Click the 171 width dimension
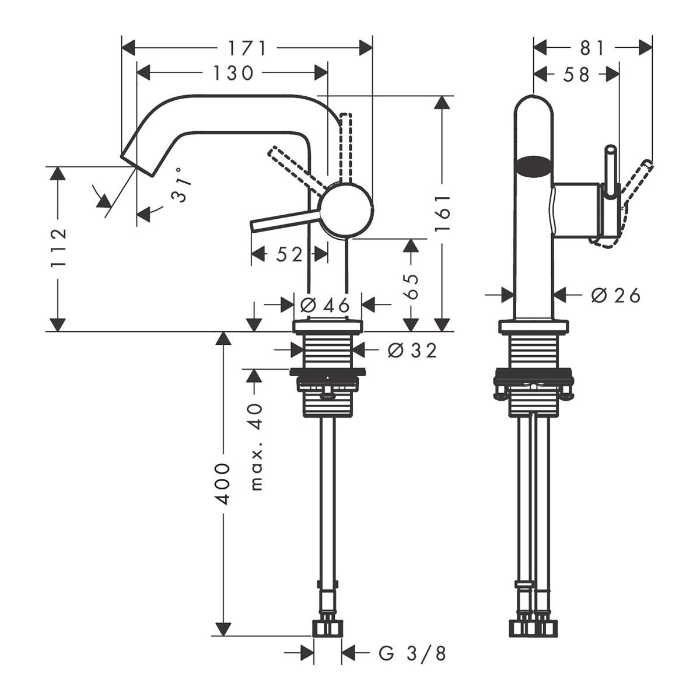247,48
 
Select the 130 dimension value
233,73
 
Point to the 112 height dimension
58,248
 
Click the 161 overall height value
442,213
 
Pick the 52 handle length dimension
289,254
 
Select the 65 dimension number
411,286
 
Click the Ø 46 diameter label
325,304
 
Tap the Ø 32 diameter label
412,350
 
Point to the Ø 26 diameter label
615,295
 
